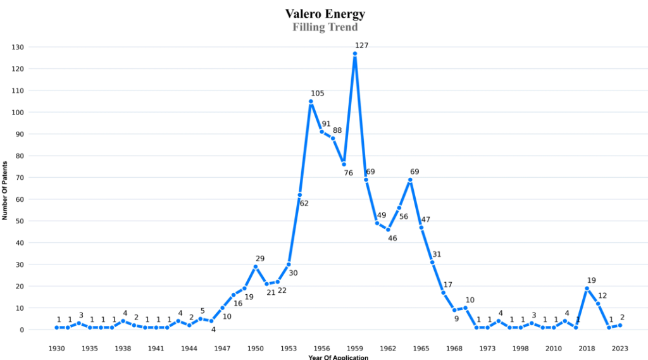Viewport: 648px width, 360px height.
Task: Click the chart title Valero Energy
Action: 325,13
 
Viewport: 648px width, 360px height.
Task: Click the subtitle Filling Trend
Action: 325,27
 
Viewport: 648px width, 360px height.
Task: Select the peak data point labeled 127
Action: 355,54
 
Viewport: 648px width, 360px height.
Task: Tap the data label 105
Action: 317,94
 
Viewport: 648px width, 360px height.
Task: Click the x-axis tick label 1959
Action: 355,348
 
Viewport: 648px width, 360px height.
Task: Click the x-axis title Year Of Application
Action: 338,357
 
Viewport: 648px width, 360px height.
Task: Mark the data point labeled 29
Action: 256,267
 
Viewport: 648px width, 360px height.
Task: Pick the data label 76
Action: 348,173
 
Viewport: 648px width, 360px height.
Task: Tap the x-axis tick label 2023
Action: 620,348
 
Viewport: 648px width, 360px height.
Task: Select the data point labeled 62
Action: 300,195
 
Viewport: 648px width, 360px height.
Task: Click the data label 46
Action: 392,238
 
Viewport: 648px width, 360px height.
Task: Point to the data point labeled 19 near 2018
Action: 587,289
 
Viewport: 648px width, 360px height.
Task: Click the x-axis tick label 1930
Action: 57,348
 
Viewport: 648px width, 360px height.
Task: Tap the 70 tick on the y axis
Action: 20,178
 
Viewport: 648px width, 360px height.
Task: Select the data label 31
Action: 437,254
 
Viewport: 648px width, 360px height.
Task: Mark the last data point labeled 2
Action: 620,325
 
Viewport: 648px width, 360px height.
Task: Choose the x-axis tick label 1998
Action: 521,348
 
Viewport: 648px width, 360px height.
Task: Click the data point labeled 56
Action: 399,208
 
